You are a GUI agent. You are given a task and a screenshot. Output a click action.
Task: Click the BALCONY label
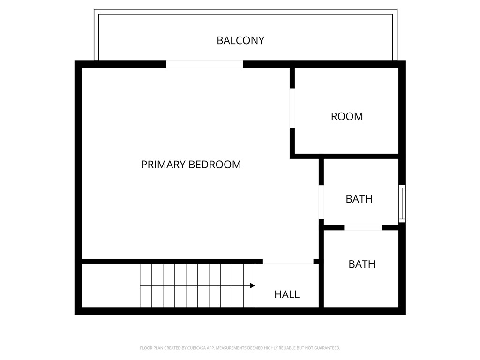pos(240,40)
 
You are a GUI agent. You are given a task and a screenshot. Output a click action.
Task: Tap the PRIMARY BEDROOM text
pos(191,165)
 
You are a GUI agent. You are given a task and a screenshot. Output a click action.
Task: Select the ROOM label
pos(347,116)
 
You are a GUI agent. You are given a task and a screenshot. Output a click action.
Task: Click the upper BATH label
pos(359,199)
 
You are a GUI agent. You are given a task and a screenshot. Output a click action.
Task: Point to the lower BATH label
pos(361,264)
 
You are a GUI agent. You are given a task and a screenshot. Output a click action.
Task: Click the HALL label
pos(287,294)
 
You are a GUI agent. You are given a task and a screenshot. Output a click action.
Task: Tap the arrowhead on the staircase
pos(252,285)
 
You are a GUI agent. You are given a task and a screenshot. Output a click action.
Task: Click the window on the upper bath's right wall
pos(402,203)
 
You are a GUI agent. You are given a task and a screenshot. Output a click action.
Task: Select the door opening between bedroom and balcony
pos(204,64)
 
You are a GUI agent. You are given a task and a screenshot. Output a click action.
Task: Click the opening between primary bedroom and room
pos(292,108)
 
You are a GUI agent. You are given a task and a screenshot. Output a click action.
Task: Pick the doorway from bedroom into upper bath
pos(321,202)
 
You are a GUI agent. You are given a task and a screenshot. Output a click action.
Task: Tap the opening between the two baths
pos(363,228)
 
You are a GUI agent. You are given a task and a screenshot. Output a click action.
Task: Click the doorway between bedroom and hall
pos(288,261)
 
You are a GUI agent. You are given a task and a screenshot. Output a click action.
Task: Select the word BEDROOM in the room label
pos(215,165)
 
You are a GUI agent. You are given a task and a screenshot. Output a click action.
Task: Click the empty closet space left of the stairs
pos(111,285)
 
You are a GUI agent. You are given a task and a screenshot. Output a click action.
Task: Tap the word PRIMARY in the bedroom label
pos(164,165)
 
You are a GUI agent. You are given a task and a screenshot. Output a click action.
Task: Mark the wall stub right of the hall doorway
pos(316,261)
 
